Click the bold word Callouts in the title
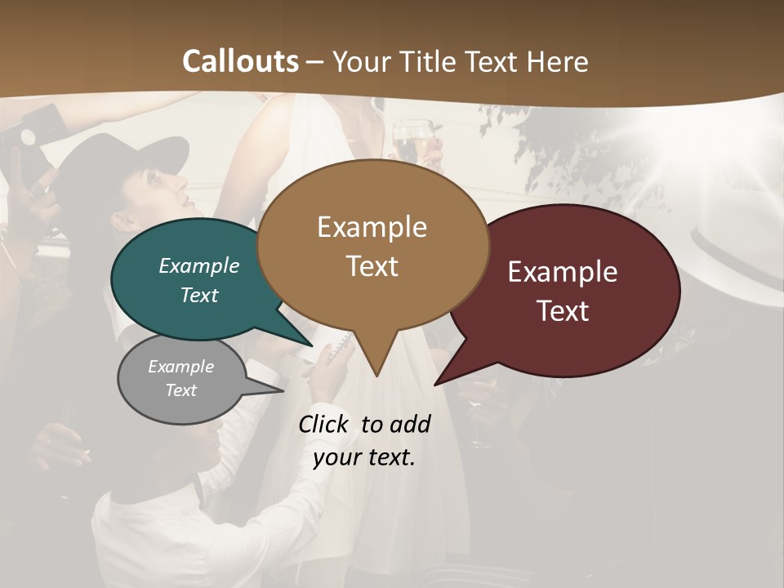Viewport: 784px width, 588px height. pos(240,62)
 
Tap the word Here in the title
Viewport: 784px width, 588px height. pos(556,62)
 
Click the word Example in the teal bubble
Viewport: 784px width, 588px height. pos(199,266)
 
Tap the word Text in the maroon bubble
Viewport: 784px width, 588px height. pos(563,311)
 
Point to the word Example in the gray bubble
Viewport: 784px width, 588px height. pos(180,367)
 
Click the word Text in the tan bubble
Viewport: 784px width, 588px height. pos(372,266)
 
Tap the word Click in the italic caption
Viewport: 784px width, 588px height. pos(324,425)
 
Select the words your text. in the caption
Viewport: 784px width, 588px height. pos(364,458)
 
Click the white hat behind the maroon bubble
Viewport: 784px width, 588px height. pos(735,245)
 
